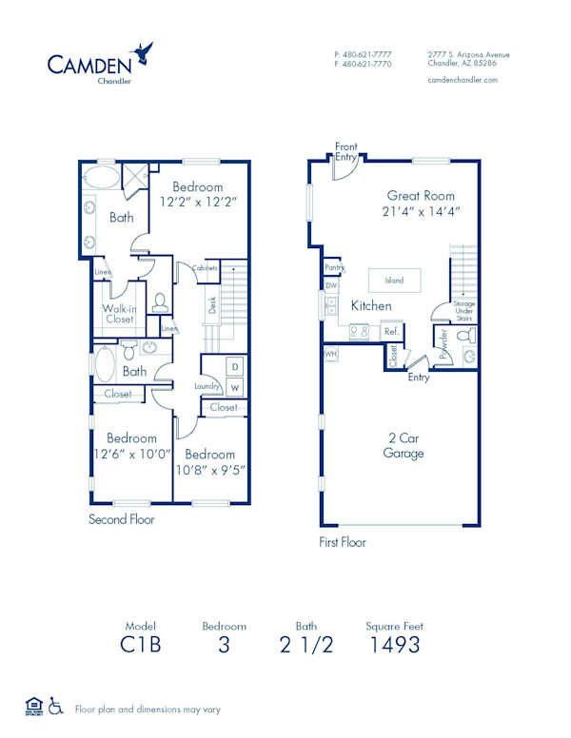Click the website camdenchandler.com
tap(463, 81)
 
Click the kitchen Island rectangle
tap(394, 281)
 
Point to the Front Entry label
tap(346, 151)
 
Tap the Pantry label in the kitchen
tap(332, 269)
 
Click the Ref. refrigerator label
tap(390, 332)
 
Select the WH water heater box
tap(331, 354)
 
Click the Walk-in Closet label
tap(119, 314)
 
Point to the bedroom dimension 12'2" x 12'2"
tap(198, 203)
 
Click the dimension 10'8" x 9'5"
tap(210, 468)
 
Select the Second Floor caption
tap(121, 519)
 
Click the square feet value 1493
tap(394, 645)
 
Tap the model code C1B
tap(140, 645)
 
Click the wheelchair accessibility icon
tap(56, 707)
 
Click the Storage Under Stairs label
tap(463, 311)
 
